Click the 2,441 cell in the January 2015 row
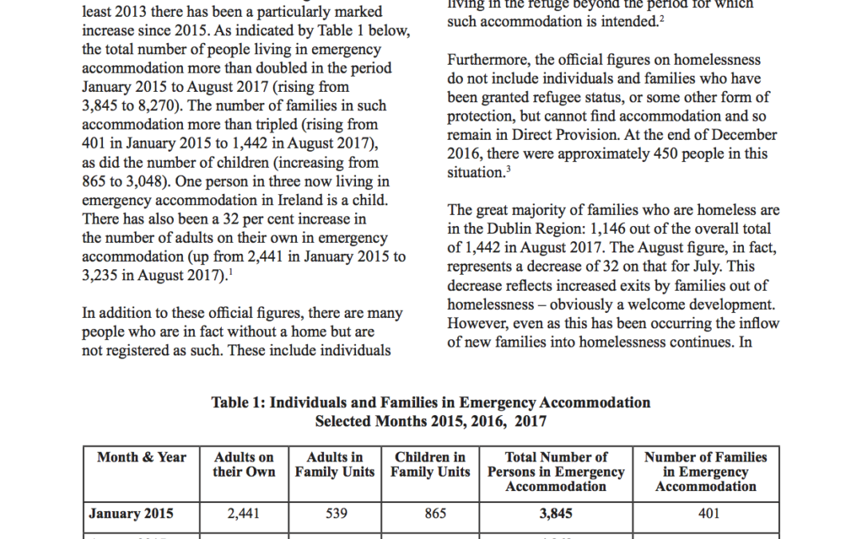tap(243, 514)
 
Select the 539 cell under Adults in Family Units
tap(337, 514)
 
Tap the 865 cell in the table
tap(435, 514)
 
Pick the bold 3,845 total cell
tap(556, 514)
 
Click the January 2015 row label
tap(131, 514)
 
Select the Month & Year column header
tap(141, 458)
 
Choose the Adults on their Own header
tap(243, 465)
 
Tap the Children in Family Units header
tap(430, 465)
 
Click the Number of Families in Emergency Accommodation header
tap(706, 472)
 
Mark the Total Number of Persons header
tap(556, 472)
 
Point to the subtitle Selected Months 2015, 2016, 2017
tap(430, 421)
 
